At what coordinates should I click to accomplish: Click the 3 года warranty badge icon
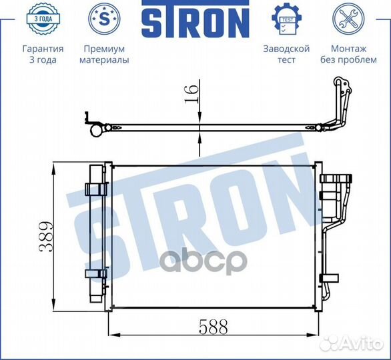(43, 19)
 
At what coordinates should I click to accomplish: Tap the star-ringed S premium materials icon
(104, 19)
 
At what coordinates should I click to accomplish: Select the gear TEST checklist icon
(286, 19)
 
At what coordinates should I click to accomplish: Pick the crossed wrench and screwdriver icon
(348, 19)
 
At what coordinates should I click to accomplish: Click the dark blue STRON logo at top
(195, 19)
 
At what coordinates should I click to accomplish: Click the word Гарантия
(43, 49)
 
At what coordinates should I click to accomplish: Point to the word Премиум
(104, 49)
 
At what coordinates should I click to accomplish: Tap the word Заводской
(286, 49)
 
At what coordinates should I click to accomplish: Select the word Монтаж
(348, 49)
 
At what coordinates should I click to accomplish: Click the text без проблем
(348, 60)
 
